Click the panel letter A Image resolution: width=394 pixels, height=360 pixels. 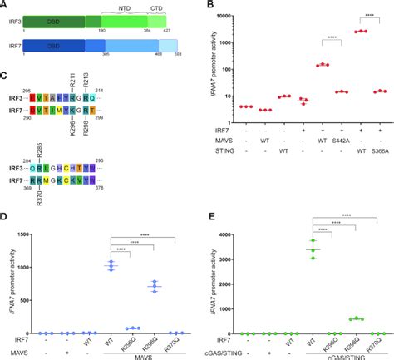point(6,5)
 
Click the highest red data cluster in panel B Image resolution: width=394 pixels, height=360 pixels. point(361,31)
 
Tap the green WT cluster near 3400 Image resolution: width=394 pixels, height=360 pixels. point(313,249)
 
